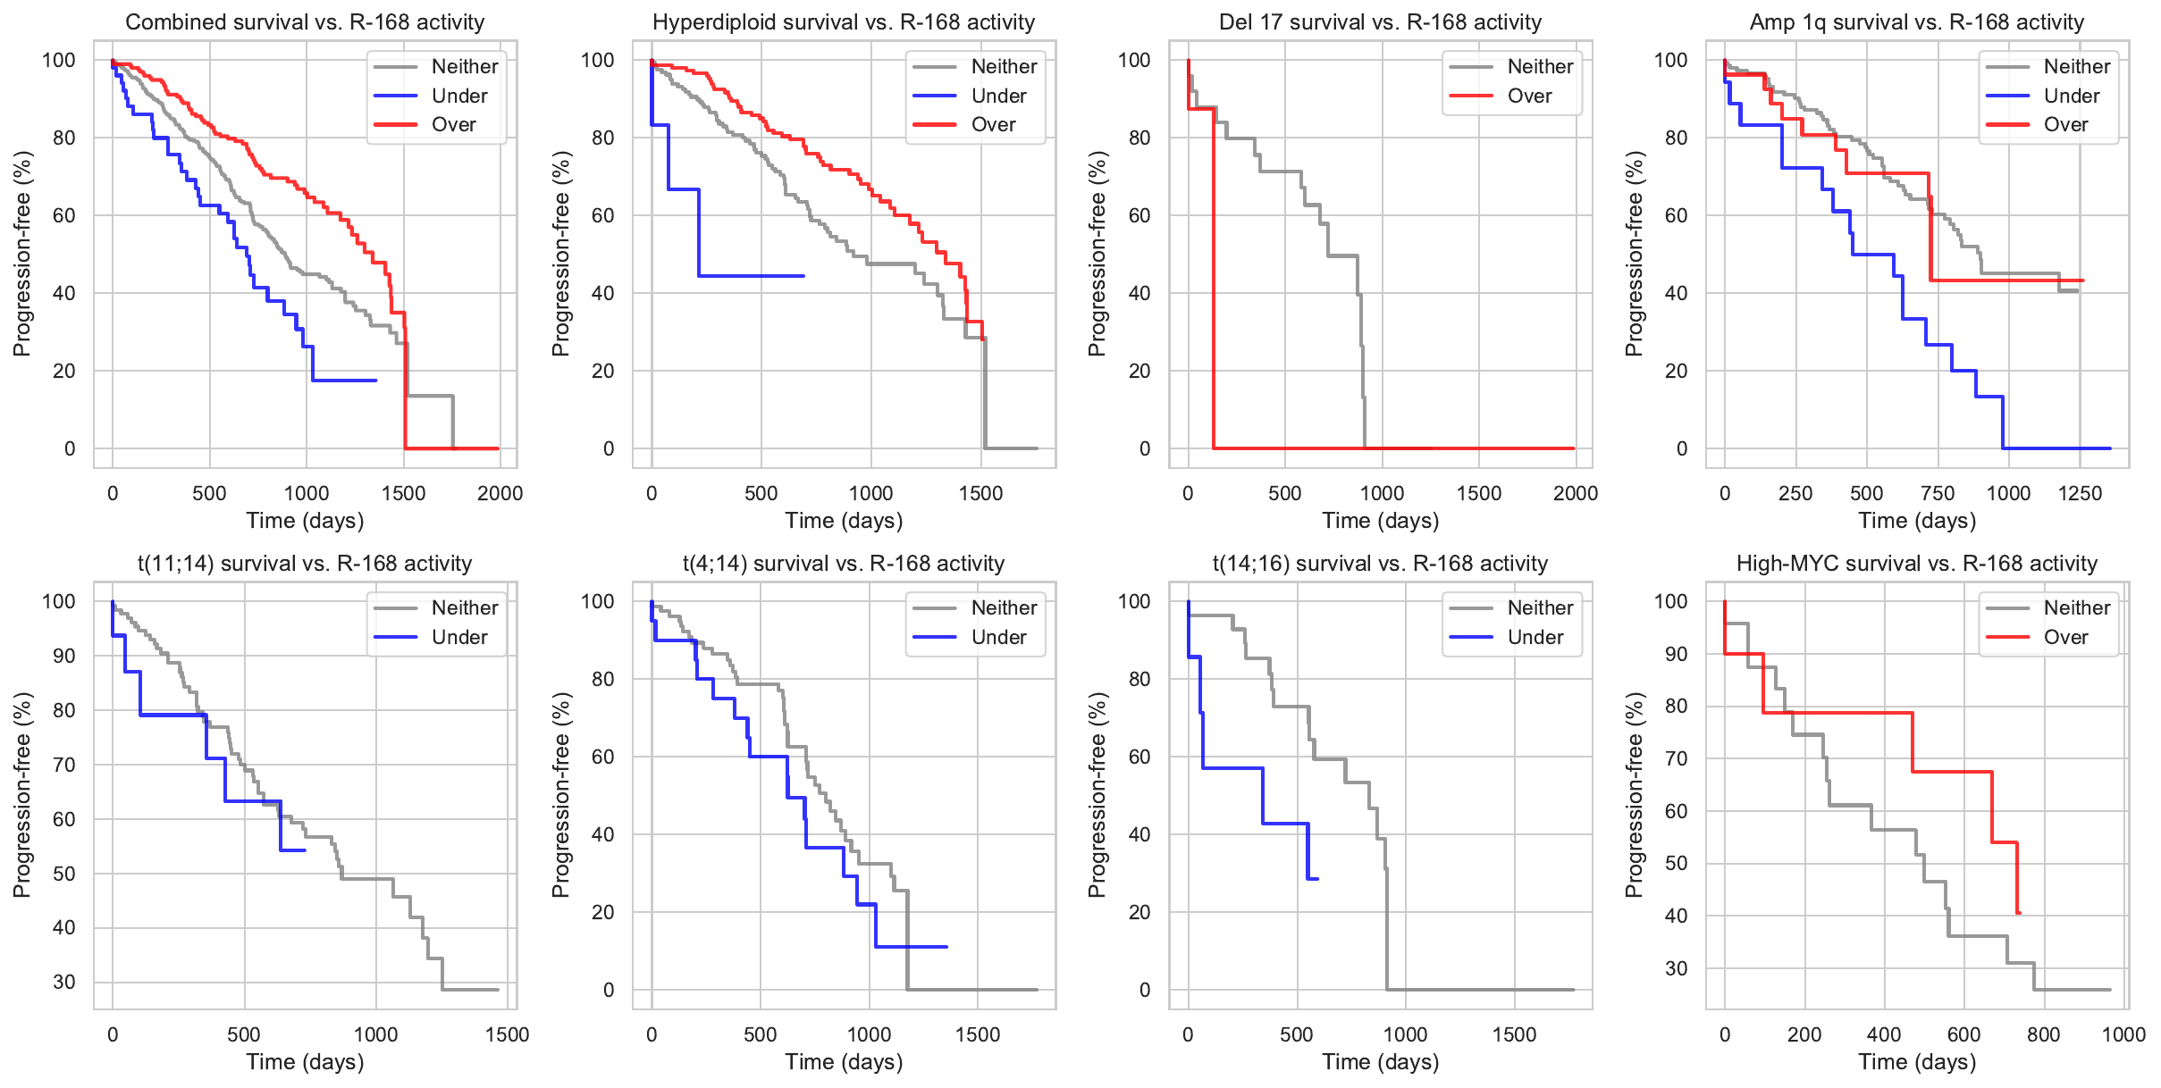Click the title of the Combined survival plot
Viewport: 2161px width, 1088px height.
click(305, 22)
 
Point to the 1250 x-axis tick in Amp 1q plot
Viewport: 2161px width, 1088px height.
click(2080, 493)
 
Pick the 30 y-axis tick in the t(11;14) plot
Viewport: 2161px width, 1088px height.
click(64, 982)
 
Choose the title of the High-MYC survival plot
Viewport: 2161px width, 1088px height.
click(1916, 564)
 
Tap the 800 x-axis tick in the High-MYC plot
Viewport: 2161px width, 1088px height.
click(2044, 1034)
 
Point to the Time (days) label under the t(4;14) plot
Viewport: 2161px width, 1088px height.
click(844, 1062)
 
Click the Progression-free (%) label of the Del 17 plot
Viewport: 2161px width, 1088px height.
click(1097, 254)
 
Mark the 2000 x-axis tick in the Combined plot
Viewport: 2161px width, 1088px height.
click(500, 493)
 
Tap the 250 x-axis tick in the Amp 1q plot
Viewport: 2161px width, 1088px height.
click(1795, 493)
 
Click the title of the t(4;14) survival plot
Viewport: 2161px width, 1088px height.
click(843, 564)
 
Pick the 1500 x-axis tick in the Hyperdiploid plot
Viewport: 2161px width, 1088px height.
click(980, 493)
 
